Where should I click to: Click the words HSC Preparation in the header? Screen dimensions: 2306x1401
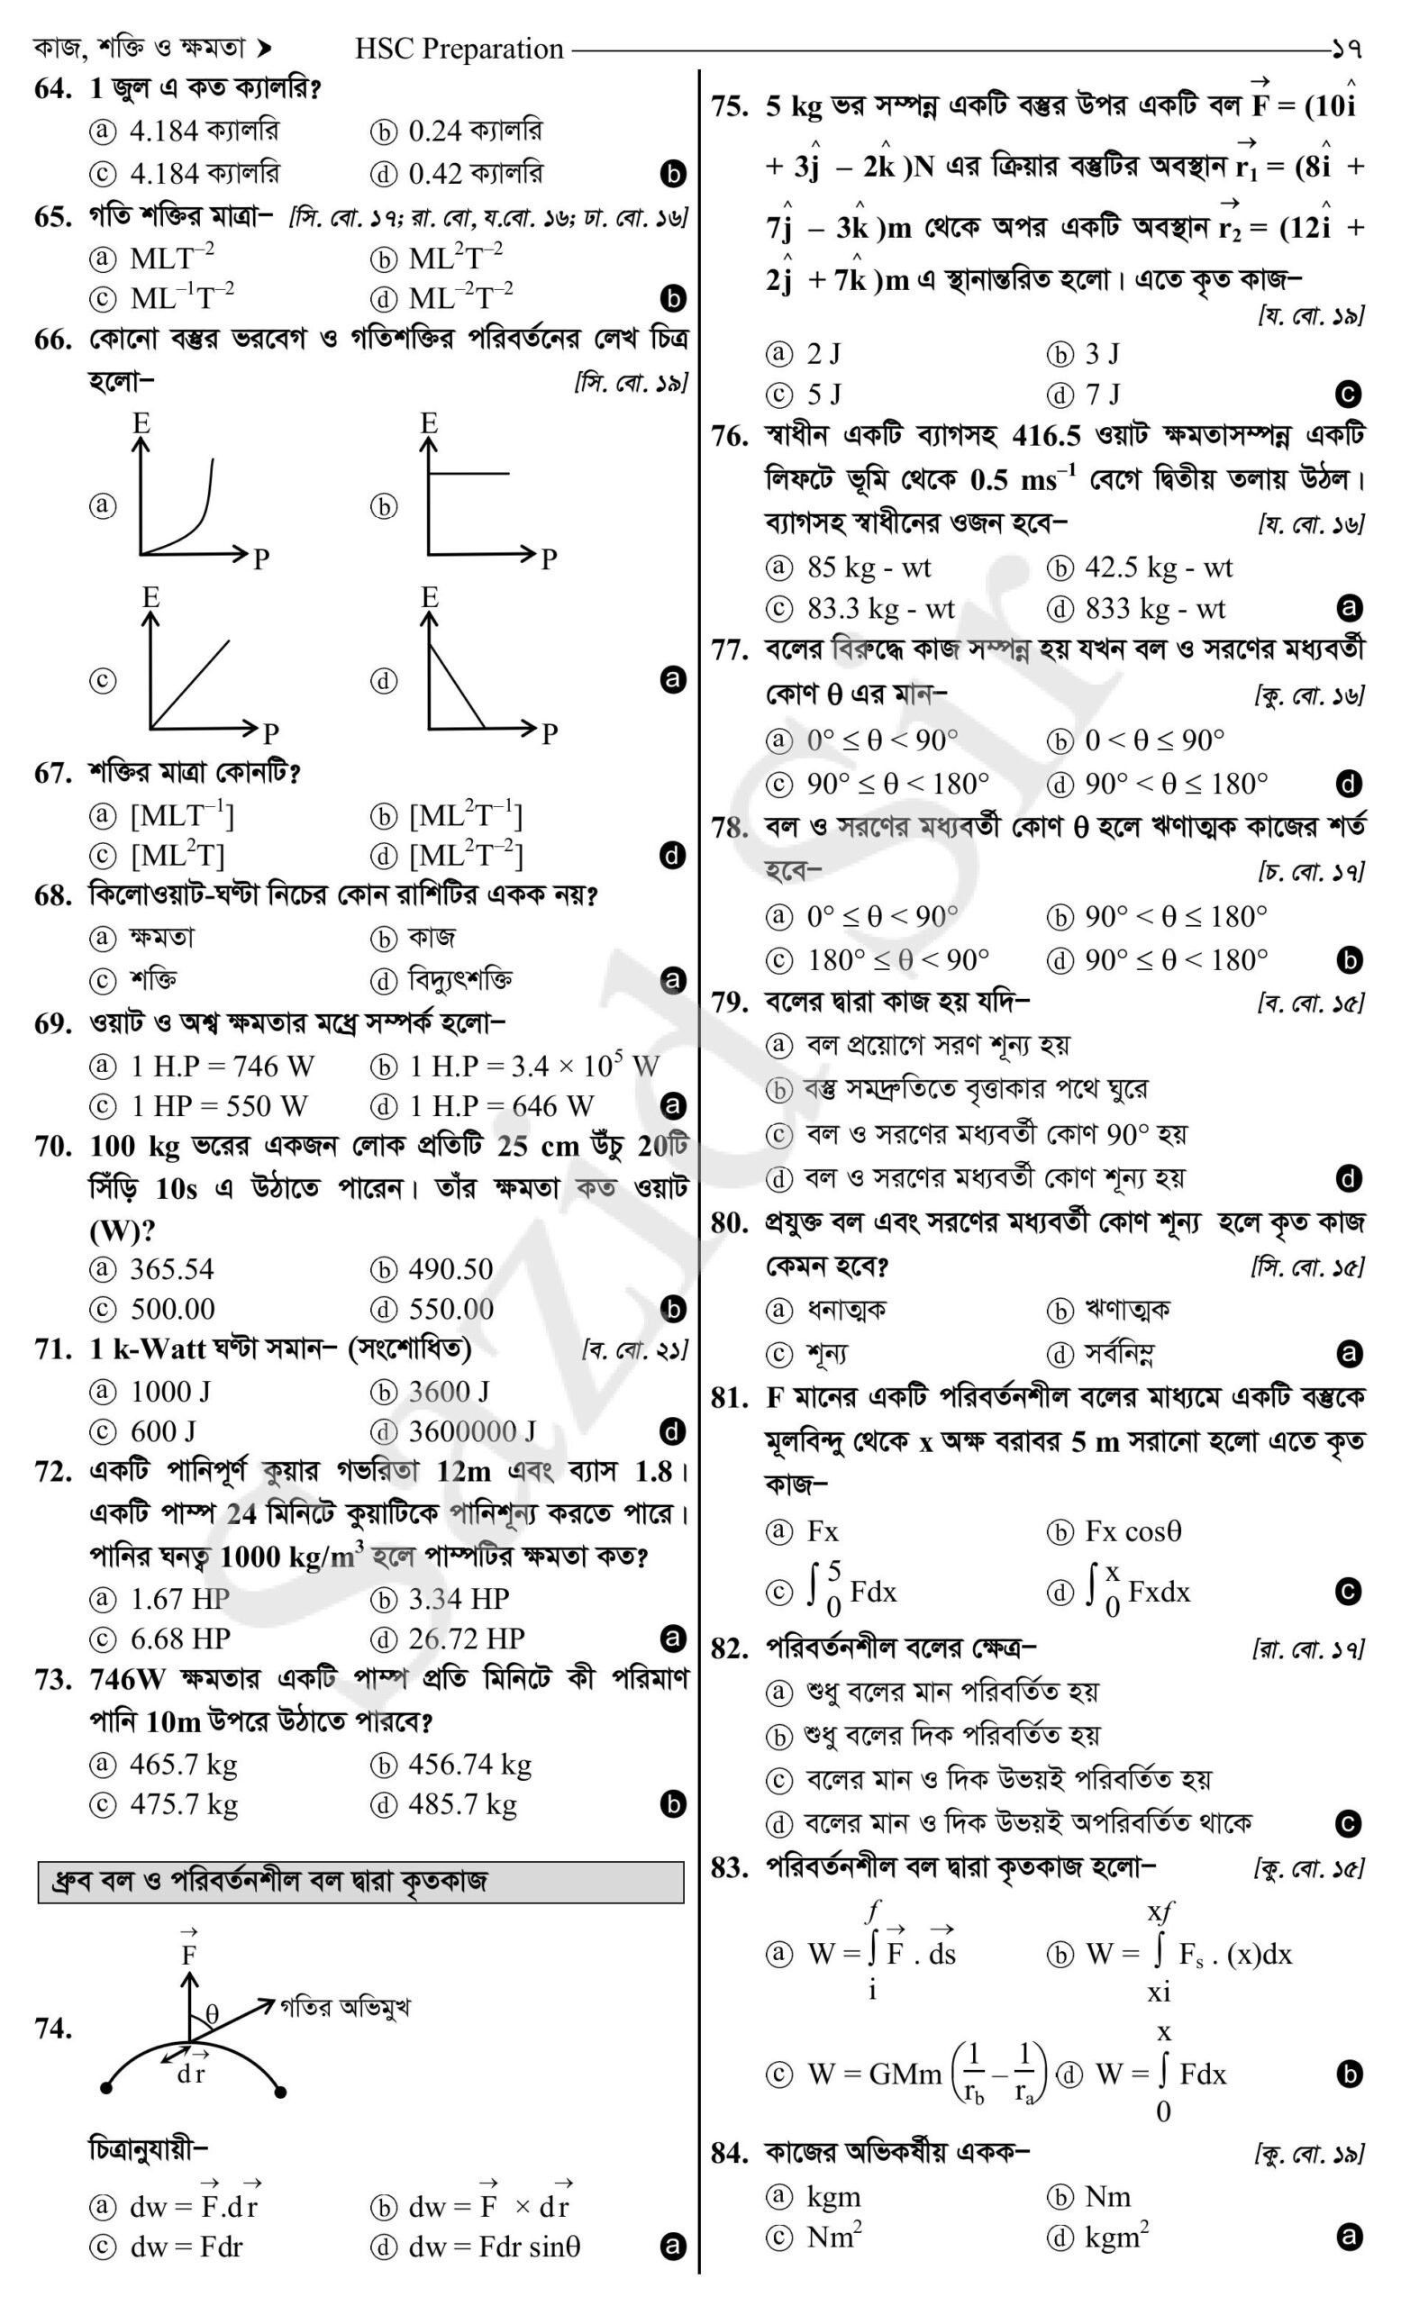click(x=459, y=48)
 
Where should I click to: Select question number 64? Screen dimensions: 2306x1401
click(x=53, y=89)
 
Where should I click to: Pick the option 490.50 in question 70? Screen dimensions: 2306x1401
click(x=450, y=1269)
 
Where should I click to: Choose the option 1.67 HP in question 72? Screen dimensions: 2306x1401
click(x=178, y=1599)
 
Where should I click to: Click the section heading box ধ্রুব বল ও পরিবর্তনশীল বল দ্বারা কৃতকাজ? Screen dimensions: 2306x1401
click(x=360, y=1881)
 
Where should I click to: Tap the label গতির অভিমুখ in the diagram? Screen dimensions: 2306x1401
click(x=344, y=2007)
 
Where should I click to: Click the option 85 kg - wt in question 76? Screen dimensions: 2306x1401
click(x=869, y=568)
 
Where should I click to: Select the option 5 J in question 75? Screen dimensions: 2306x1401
click(x=823, y=394)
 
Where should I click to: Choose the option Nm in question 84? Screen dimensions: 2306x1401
click(x=1107, y=2196)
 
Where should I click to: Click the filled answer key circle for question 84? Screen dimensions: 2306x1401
click(x=1349, y=2238)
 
